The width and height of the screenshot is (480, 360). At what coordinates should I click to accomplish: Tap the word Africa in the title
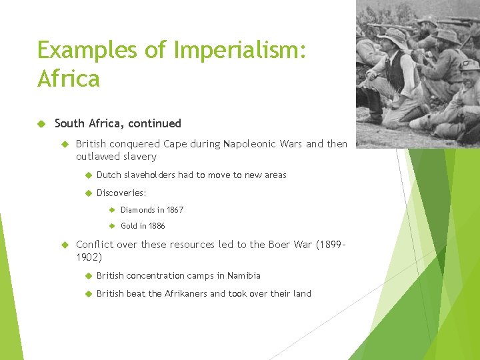69,79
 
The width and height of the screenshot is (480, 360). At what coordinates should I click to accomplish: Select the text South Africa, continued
117,123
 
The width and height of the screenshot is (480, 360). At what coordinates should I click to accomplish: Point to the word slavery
139,157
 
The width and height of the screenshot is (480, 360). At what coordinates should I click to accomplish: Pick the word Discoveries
121,193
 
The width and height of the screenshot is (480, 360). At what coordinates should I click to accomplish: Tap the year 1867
175,210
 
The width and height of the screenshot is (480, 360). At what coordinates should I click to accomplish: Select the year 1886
157,226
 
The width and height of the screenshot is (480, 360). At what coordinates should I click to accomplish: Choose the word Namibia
243,276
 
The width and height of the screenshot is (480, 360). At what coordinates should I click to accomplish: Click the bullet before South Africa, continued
41,123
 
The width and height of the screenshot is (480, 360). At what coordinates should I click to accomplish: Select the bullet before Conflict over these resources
65,245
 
